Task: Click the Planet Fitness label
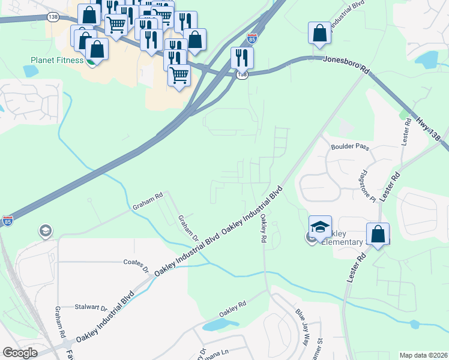(57, 60)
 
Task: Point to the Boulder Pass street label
(351, 147)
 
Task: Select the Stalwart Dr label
(92, 308)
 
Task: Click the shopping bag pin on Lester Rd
(378, 235)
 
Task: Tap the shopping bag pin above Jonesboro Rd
(319, 34)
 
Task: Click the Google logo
(20, 352)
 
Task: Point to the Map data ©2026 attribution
(423, 355)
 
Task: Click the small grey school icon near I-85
(45, 231)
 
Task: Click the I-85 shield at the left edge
(7, 220)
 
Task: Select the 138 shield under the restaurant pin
(242, 74)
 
